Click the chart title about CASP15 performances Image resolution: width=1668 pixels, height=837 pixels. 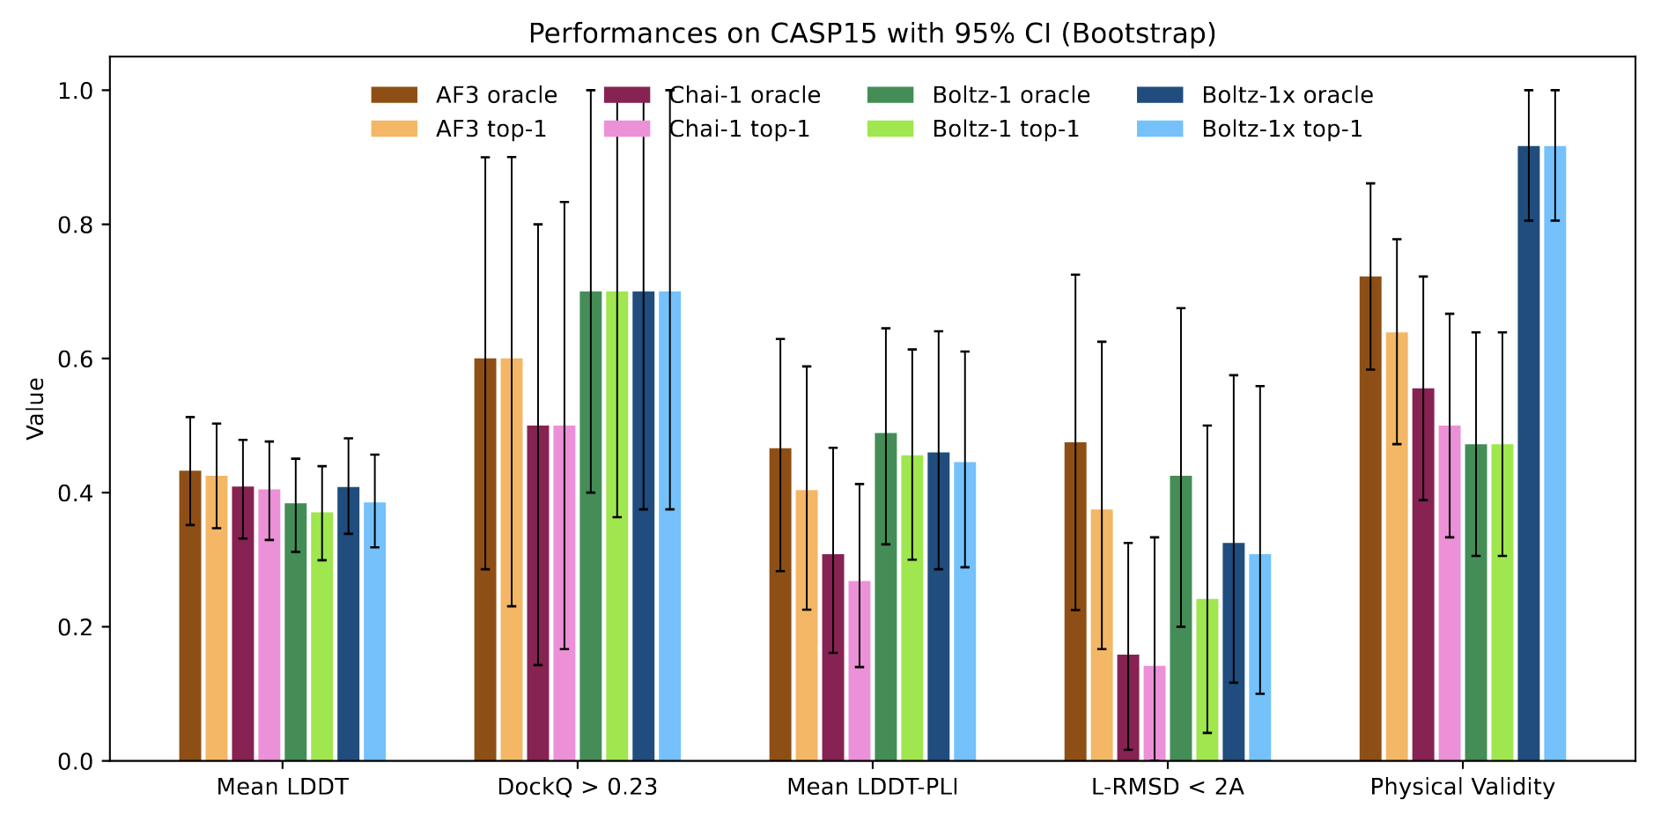[x=872, y=33]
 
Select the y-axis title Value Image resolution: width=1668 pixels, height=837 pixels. [x=36, y=408]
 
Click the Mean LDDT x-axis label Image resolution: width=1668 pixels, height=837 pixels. [x=282, y=787]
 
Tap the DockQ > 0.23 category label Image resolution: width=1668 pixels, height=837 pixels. [x=577, y=787]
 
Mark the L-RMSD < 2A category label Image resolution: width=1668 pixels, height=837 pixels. [x=1167, y=787]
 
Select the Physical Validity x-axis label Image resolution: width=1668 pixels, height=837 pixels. [x=1462, y=787]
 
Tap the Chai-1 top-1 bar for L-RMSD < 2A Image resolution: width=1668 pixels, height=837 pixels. [x=1154, y=714]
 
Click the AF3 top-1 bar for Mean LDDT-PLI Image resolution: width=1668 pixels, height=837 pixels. [x=806, y=626]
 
